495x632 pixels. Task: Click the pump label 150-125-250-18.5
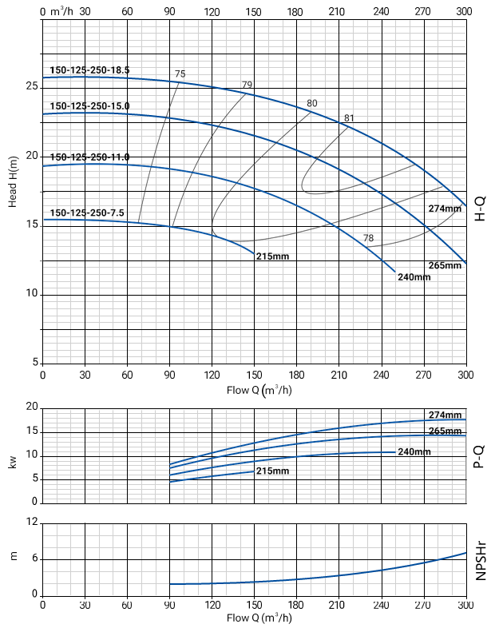point(89,70)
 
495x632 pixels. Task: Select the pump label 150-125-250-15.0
point(89,105)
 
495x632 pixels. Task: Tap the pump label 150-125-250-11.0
point(89,157)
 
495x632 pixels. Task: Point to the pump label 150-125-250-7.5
point(87,213)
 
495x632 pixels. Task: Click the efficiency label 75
point(180,74)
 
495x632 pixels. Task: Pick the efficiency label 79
point(247,85)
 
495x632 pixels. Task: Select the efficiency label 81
point(349,118)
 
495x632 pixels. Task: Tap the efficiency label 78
point(368,238)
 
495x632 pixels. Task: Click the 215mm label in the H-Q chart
point(272,256)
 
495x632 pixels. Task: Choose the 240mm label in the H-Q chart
point(414,277)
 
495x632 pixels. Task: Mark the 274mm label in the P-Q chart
point(445,415)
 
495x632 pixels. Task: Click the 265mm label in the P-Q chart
point(445,431)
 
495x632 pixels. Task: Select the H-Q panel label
point(481,207)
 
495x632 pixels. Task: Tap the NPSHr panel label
point(481,558)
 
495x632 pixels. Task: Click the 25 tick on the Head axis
point(32,87)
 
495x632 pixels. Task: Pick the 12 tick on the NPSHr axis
point(32,522)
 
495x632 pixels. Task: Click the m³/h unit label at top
point(61,11)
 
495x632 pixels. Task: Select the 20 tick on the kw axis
point(32,407)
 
